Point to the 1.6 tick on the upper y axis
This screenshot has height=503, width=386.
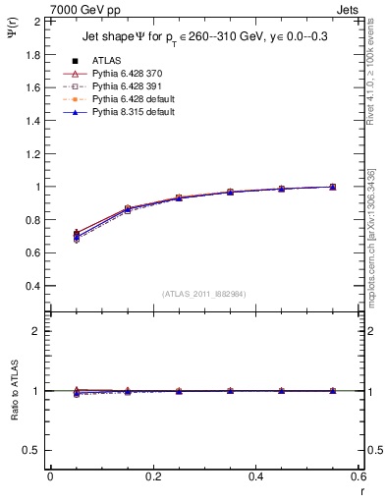[33, 87]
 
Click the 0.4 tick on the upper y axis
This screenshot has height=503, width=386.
[33, 286]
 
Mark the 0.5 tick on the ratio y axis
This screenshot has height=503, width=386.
[33, 450]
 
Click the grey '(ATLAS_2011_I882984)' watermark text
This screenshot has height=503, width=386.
[203, 294]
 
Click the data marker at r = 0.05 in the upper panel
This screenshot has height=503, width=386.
[77, 234]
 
